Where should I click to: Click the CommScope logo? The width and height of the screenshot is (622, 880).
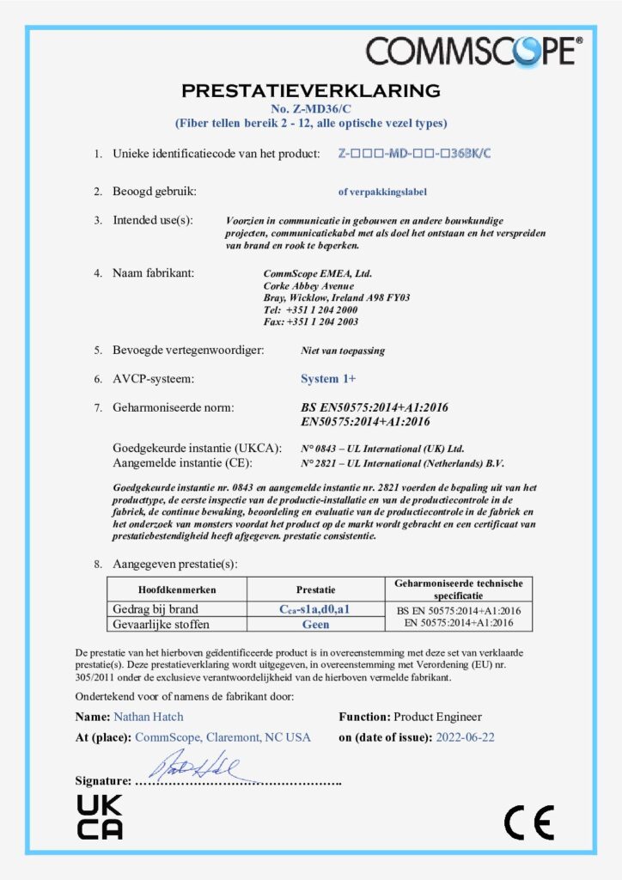[473, 52]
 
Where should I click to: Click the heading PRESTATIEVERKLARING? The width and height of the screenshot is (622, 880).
[310, 90]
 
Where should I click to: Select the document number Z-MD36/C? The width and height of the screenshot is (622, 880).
[310, 108]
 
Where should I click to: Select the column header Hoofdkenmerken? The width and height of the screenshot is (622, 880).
[177, 590]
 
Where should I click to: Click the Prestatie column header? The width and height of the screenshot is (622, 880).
[315, 590]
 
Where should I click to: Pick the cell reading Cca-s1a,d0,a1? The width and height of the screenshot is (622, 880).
[315, 609]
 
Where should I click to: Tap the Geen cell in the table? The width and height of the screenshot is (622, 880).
[315, 624]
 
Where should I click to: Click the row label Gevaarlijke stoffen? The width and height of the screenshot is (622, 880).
[162, 624]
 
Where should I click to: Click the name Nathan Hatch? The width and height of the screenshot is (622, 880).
[148, 717]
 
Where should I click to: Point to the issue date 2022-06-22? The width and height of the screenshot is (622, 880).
[465, 737]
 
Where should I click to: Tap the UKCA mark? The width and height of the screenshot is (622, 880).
[100, 816]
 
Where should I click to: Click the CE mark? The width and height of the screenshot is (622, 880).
[528, 822]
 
